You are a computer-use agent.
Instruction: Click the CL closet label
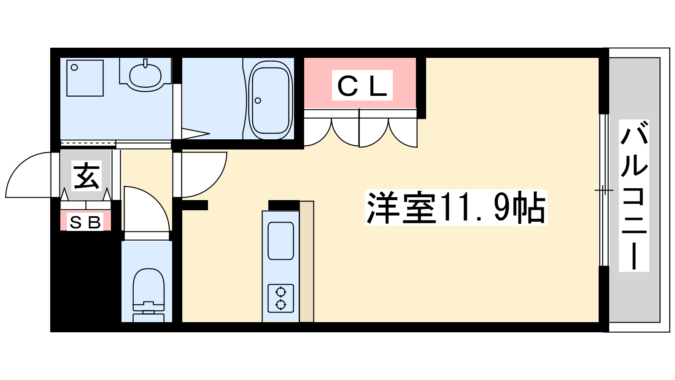click(x=362, y=85)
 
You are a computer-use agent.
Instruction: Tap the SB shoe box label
click(x=85, y=222)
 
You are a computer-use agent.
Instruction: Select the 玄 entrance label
click(x=86, y=176)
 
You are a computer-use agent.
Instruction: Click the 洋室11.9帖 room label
click(x=456, y=207)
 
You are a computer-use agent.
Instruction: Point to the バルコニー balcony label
click(x=634, y=195)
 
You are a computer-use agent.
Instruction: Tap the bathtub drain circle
click(x=258, y=100)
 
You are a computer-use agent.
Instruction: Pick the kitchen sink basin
click(x=281, y=241)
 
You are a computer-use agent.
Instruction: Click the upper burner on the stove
click(x=281, y=292)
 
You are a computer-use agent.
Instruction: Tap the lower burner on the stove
click(x=281, y=305)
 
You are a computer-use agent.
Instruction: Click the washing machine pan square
click(x=85, y=78)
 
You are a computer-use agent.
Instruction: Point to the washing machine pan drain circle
click(x=74, y=68)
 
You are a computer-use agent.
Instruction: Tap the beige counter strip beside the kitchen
click(x=306, y=261)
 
